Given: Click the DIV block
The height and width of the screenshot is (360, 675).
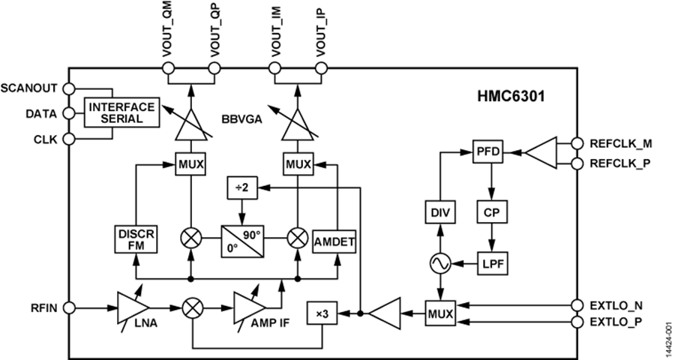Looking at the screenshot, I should (440, 212).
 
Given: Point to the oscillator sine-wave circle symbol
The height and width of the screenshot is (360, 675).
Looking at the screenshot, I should (440, 262).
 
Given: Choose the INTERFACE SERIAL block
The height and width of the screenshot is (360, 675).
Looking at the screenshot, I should (121, 113).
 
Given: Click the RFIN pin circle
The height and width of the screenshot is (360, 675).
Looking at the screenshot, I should (69, 307).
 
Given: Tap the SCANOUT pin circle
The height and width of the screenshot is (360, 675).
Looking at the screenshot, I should (69, 88).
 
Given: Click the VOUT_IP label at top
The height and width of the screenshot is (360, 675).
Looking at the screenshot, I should (321, 33).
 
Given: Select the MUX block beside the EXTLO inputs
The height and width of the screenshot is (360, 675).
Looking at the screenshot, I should (440, 313).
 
